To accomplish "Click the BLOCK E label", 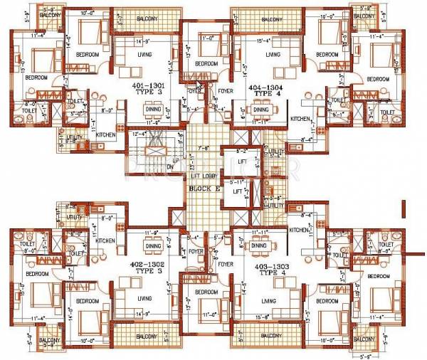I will click(x=203, y=189).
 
